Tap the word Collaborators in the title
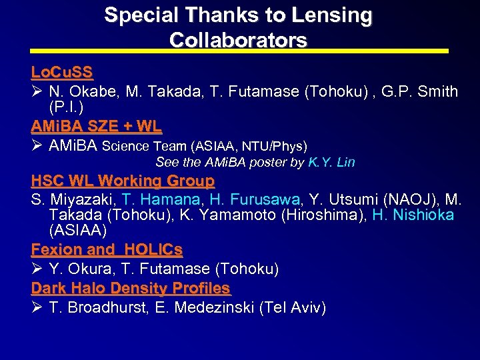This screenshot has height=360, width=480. pos(238,40)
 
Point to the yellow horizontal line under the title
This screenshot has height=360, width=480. pos(239,51)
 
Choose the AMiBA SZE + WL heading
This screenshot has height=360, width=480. pos(96,125)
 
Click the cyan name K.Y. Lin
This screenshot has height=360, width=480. pos(332,162)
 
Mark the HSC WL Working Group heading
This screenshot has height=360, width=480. pos(123,181)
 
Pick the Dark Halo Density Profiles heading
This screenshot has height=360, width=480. pos(131,288)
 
